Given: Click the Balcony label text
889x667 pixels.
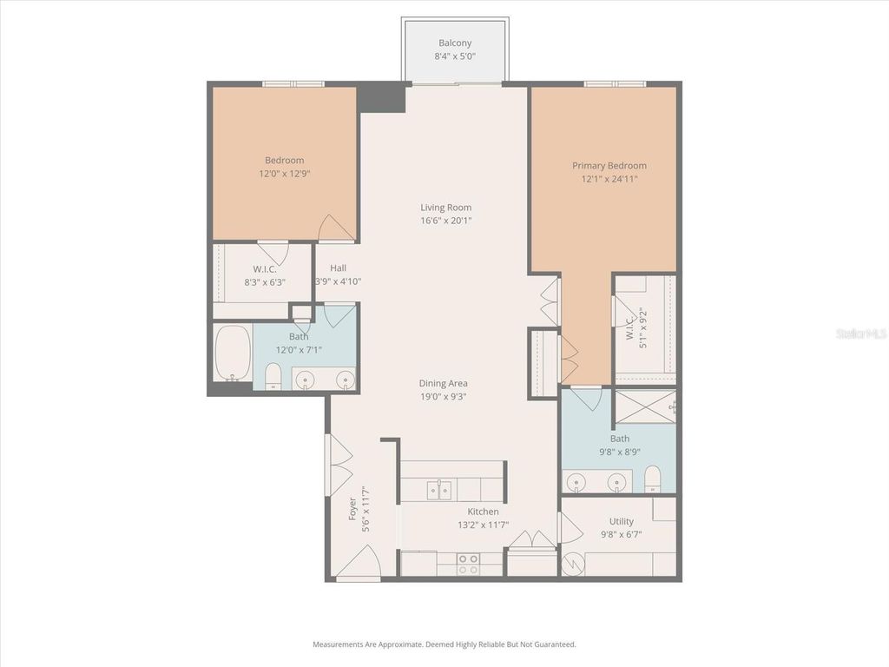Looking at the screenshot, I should coord(455,43).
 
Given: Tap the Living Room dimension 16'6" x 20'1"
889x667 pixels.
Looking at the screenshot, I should coord(445,221).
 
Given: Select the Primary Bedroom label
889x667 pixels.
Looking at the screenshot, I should coord(609,166).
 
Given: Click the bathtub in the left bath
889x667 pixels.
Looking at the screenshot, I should coord(232,353).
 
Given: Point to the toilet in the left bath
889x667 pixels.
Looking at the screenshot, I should coord(273,376).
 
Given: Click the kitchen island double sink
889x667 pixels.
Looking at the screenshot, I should coord(439,491).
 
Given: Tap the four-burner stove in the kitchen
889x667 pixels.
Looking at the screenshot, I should coord(468,565).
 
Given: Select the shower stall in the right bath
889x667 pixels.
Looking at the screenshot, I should coord(644,406).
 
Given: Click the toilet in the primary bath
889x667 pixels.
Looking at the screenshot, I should coord(653,479).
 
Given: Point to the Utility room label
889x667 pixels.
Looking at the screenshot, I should coord(621,522).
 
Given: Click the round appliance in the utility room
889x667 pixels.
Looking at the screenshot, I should coord(573,565).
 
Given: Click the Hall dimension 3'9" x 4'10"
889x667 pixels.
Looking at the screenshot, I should coord(339,281).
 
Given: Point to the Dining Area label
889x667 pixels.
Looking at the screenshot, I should coord(444,383).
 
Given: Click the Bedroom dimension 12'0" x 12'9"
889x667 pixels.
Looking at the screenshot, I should coord(284,174).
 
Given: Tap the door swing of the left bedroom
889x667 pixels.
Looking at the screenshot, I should coord(335,229).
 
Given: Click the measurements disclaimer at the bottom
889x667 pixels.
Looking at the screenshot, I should coord(444,644).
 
